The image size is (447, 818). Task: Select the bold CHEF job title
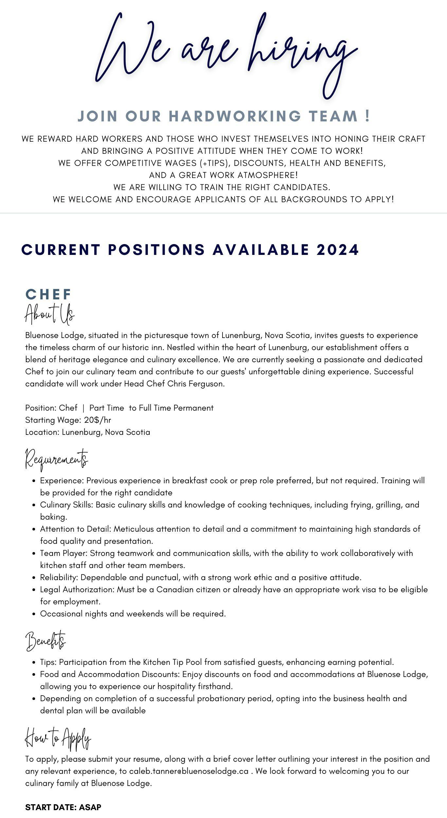coord(48,294)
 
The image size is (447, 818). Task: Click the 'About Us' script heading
coord(50,314)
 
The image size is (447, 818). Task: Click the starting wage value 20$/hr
coord(98,420)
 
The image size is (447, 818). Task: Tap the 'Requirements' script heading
coord(57,459)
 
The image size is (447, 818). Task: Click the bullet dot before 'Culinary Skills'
coord(34,505)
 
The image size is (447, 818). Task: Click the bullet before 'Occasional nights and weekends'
coord(34,614)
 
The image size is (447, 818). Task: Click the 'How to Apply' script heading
coord(58,739)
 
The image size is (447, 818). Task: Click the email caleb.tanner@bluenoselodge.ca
coord(189,771)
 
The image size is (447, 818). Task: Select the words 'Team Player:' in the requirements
coord(64,553)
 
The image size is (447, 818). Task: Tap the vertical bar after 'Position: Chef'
coord(83,408)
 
